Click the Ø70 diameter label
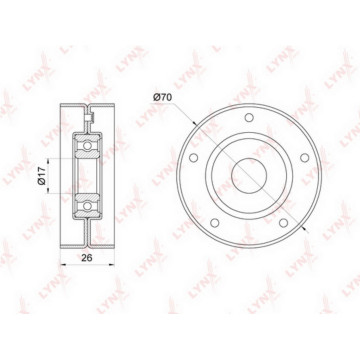[162, 98]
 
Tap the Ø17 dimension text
[41, 176]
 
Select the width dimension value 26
[87, 258]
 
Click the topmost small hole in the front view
[249, 117]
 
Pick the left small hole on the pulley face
[193, 158]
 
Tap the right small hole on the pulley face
[304, 158]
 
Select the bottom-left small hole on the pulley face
[215, 223]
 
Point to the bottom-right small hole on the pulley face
[283, 223]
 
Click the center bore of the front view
[249, 176]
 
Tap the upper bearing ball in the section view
[87, 146]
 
